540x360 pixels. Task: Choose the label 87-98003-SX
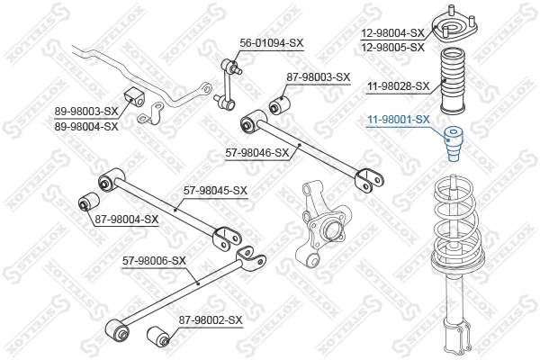(x=318, y=77)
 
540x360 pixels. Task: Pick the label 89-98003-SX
(x=86, y=111)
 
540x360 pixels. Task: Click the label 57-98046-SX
(x=257, y=152)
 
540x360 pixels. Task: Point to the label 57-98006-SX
(x=154, y=261)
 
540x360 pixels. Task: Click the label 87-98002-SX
(x=211, y=319)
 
